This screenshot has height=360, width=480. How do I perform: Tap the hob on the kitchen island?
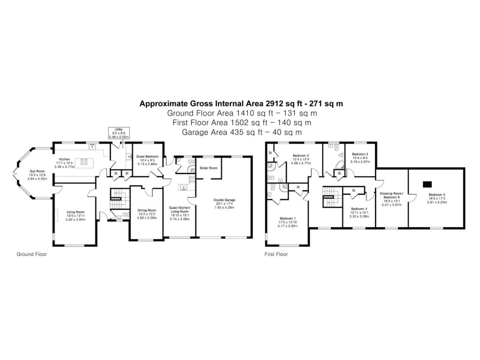click(85, 162)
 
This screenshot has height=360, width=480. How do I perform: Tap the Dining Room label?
click(146, 210)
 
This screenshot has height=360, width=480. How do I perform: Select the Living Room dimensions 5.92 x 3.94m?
click(76, 219)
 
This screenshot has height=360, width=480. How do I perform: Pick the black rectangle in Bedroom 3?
click(427, 184)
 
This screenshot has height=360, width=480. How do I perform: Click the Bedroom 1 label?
click(288, 218)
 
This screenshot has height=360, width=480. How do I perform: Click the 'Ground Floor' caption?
click(32, 255)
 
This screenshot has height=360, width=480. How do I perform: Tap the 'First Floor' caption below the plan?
click(276, 255)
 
